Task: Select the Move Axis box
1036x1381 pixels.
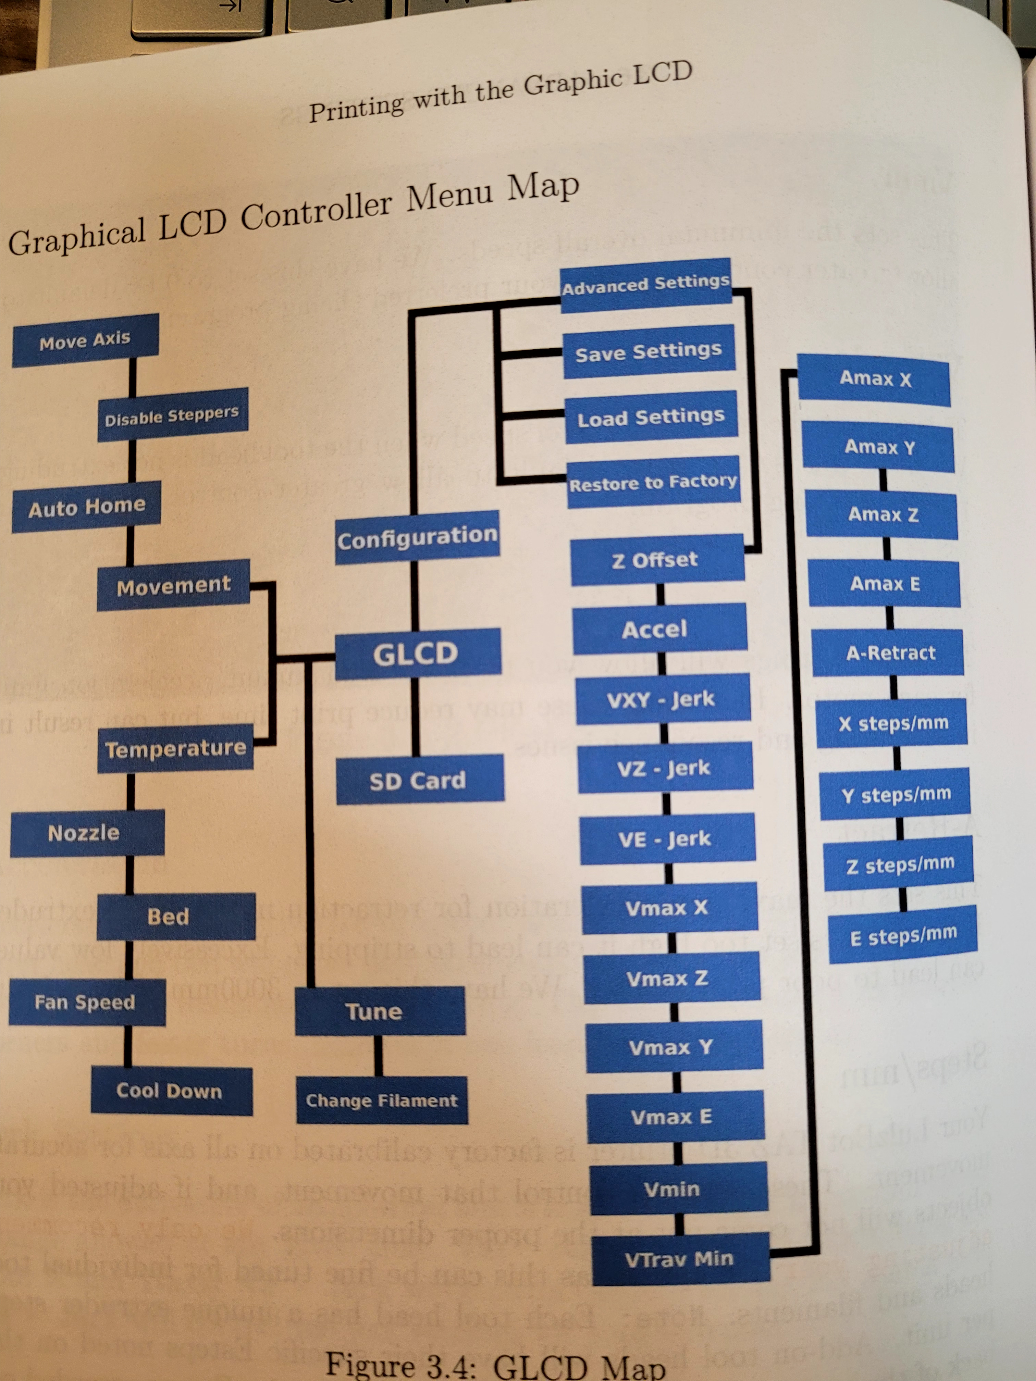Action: coord(85,340)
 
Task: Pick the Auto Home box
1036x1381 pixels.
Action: coord(86,506)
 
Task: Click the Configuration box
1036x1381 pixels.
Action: coord(417,537)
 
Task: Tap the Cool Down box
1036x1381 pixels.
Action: coord(171,1091)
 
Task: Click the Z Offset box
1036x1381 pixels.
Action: coord(656,559)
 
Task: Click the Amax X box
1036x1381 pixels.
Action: coord(874,378)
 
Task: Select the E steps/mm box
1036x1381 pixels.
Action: coord(903,935)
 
